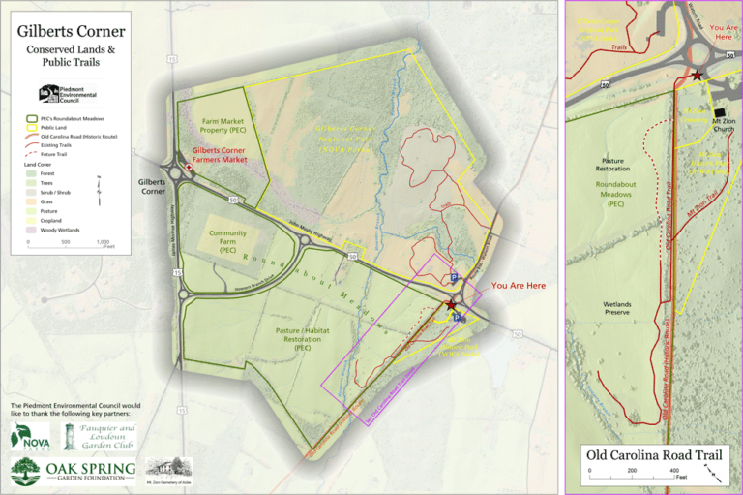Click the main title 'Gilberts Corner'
click(x=71, y=31)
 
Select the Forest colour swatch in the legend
click(x=31, y=173)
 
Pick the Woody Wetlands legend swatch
click(x=31, y=230)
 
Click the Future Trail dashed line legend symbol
click(x=31, y=154)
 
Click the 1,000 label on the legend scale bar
click(x=103, y=242)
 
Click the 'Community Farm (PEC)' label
click(x=227, y=241)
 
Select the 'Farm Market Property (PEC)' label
click(x=223, y=124)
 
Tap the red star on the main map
click(x=451, y=304)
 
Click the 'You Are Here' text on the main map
click(x=518, y=286)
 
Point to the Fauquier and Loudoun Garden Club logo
click(x=100, y=437)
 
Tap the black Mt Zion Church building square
click(x=717, y=111)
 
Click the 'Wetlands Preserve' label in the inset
click(x=616, y=308)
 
